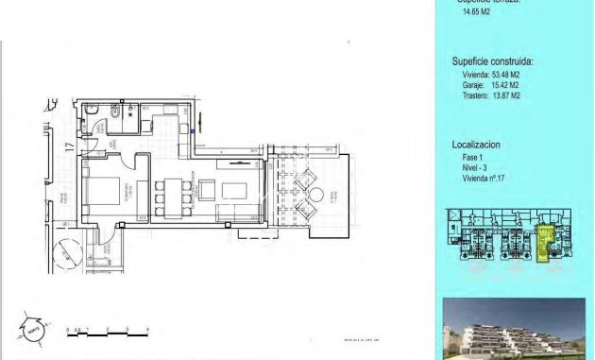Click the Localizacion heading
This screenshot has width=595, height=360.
pos(476,145)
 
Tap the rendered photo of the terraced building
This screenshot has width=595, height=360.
pos(517,330)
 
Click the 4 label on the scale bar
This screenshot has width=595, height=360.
pos(148,329)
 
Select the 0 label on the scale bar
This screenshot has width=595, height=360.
pos(69,329)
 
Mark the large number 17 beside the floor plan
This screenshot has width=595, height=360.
pos(68,146)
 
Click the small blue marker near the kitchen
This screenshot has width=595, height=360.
pos(192,131)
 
